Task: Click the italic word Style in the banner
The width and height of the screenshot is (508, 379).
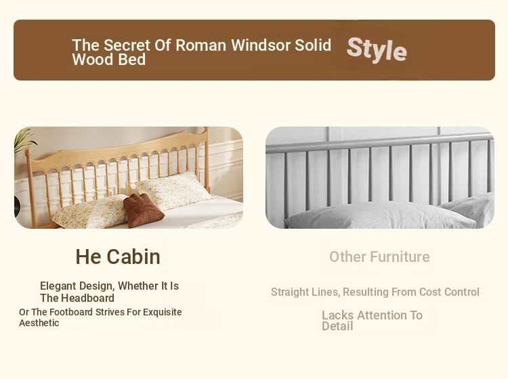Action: coord(377,49)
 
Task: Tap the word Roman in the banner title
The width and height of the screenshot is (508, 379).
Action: coord(201,45)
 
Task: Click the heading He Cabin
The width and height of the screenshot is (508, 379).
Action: coord(118,257)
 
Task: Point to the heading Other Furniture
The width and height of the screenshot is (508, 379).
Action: coord(379,257)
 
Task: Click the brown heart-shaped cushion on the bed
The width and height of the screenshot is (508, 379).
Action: coord(143,210)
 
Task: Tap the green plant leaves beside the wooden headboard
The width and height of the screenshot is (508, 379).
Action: coord(24,139)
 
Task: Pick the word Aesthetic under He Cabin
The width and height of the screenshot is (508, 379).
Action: coord(39,323)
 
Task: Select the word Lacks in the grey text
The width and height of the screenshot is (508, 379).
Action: coord(337,315)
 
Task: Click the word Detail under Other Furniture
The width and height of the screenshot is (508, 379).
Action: coord(337,326)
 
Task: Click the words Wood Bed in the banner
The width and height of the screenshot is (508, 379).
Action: coord(109,60)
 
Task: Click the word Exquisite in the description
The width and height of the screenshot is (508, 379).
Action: coord(163,312)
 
